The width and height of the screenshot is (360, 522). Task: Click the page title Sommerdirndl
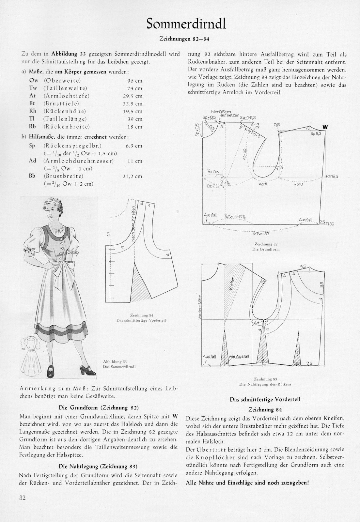tap(186, 24)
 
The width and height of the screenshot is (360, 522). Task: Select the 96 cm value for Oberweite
tap(134, 81)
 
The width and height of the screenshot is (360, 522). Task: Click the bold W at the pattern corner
tap(325, 127)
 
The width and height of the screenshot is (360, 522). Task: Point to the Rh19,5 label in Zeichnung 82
tap(332, 177)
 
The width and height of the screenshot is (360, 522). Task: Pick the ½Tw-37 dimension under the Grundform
tap(258, 233)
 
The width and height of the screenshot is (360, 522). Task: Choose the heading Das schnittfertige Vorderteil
tap(265, 399)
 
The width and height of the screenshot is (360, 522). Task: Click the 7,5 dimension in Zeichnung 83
tap(309, 363)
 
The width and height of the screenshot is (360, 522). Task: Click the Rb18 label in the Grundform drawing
tap(298, 184)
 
